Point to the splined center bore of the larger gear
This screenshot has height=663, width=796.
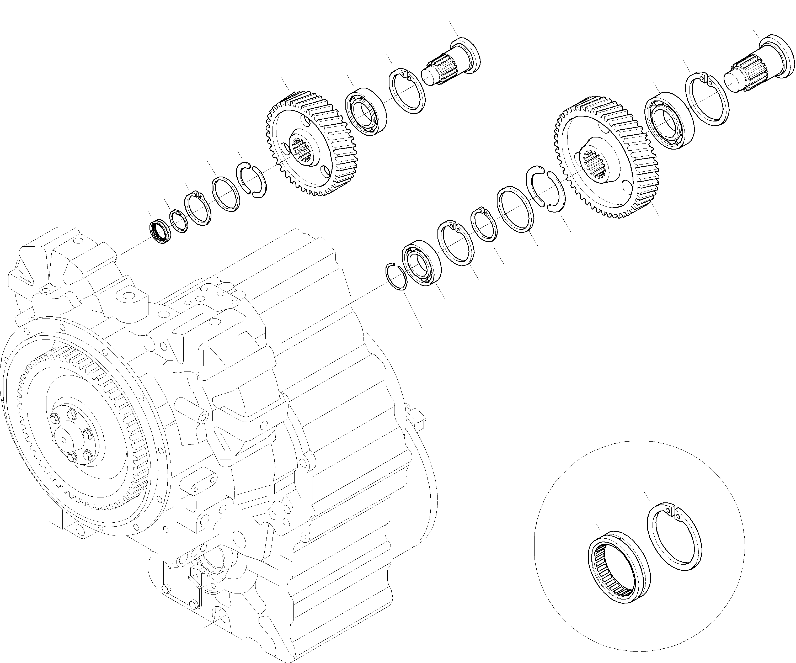coord(595,163)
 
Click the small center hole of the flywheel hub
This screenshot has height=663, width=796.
coord(64,440)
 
